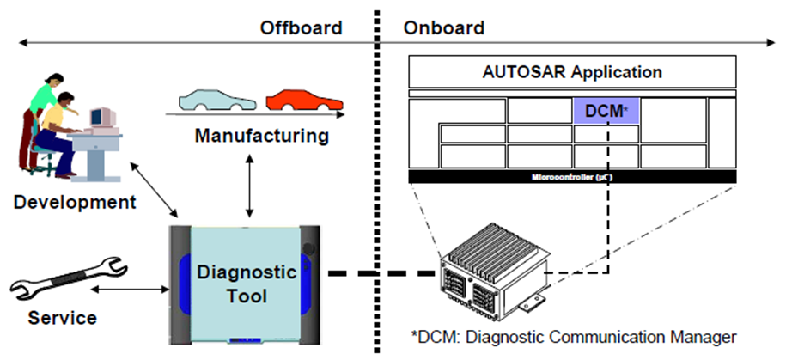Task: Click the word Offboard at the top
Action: (x=301, y=28)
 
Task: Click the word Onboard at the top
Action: (x=443, y=28)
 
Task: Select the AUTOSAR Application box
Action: (x=571, y=72)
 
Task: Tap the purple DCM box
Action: (x=606, y=111)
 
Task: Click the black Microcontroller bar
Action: (x=571, y=176)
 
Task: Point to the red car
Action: (x=300, y=101)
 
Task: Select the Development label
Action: (x=75, y=203)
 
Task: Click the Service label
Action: (x=62, y=318)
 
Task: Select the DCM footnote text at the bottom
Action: (x=575, y=334)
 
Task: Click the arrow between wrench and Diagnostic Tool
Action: (x=129, y=290)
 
